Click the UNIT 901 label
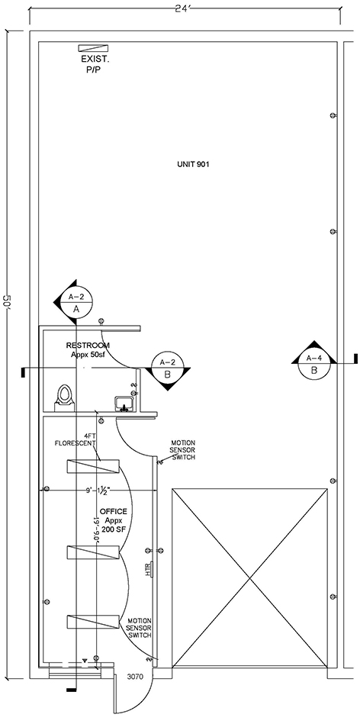click(x=194, y=164)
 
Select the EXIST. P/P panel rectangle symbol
click(x=93, y=48)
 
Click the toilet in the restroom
click(x=65, y=398)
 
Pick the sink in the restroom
click(x=124, y=404)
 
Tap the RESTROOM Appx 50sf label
click(x=88, y=349)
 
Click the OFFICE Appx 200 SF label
click(x=113, y=520)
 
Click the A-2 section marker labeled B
click(x=167, y=368)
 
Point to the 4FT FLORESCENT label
click(x=76, y=439)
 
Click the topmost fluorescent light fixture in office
click(x=93, y=467)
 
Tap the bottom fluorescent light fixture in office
click(x=93, y=622)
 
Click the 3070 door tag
click(x=135, y=677)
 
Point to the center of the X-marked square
click(x=249, y=578)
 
